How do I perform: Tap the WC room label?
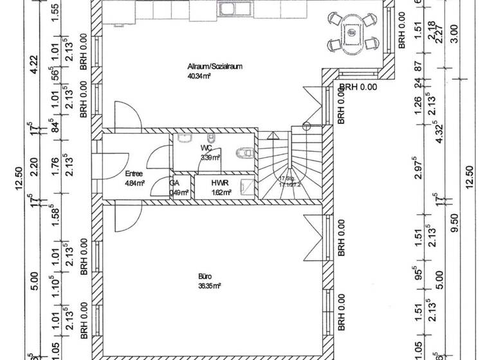(x=205, y=148)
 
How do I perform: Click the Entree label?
(x=134, y=174)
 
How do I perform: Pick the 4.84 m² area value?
(x=134, y=183)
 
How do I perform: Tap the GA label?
(x=174, y=183)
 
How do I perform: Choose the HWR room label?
(x=220, y=183)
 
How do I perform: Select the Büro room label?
(x=205, y=276)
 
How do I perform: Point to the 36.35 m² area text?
(x=210, y=285)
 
